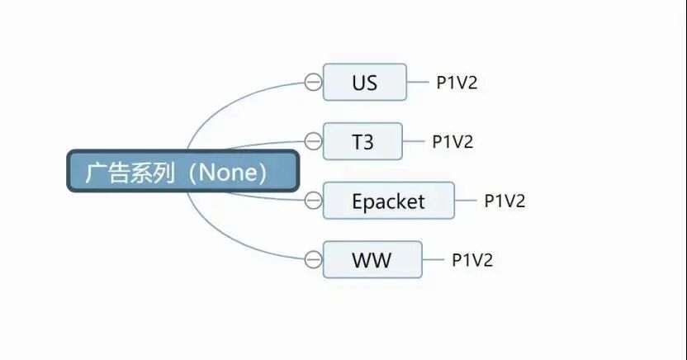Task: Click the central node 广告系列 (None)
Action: [182, 172]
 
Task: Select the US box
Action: [364, 83]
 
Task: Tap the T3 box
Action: [362, 141]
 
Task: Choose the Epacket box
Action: [388, 201]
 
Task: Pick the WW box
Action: [372, 261]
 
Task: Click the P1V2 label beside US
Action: [457, 83]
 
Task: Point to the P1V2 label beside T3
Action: [452, 141]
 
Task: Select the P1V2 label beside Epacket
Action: [505, 201]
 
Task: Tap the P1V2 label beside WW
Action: [471, 261]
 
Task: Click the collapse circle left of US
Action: [313, 82]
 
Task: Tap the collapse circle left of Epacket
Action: [313, 200]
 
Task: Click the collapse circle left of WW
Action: [313, 260]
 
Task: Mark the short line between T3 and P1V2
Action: [414, 141]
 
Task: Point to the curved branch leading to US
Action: [231, 99]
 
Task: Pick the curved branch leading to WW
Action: [231, 244]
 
